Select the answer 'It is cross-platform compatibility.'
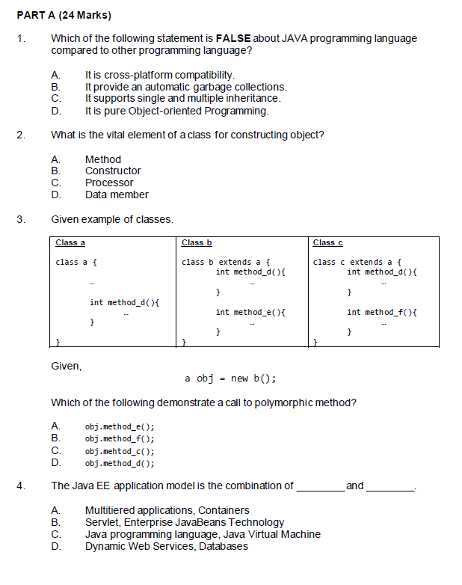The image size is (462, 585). click(x=160, y=75)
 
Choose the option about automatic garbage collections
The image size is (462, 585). click(x=185, y=87)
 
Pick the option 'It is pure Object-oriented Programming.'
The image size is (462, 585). click(x=176, y=111)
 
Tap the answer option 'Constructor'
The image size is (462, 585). click(x=113, y=171)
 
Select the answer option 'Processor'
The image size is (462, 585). click(x=109, y=183)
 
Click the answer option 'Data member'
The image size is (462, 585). click(x=117, y=195)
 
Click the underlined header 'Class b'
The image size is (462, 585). click(x=197, y=242)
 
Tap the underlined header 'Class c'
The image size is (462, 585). click(x=327, y=242)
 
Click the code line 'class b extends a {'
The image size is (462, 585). click(x=221, y=262)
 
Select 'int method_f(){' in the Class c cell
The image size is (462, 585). click(x=381, y=312)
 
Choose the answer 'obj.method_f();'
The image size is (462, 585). click(x=120, y=439)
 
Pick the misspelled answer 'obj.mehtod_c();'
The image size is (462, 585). click(x=120, y=451)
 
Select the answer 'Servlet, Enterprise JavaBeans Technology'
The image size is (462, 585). click(x=184, y=522)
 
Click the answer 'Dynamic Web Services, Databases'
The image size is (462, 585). click(x=166, y=546)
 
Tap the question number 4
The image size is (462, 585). click(x=22, y=486)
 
